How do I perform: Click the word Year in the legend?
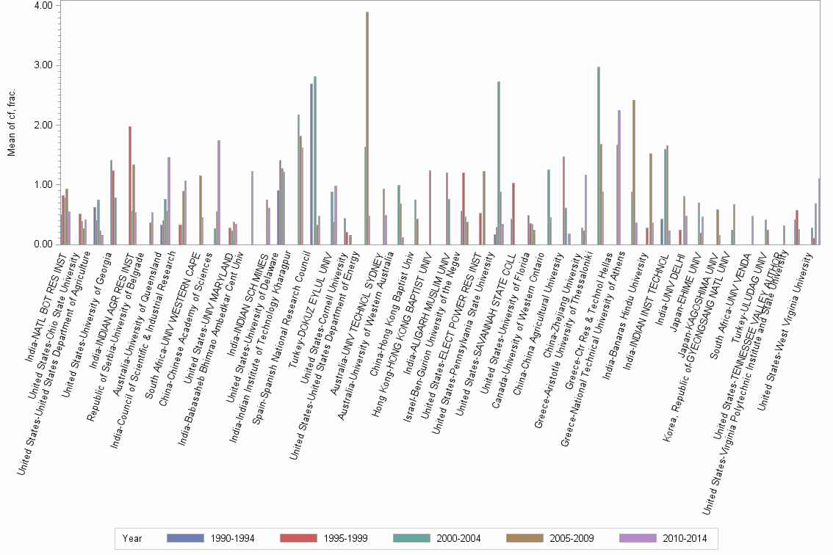(132, 538)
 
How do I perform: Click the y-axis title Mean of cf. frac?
(11, 125)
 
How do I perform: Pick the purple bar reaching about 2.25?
(619, 177)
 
